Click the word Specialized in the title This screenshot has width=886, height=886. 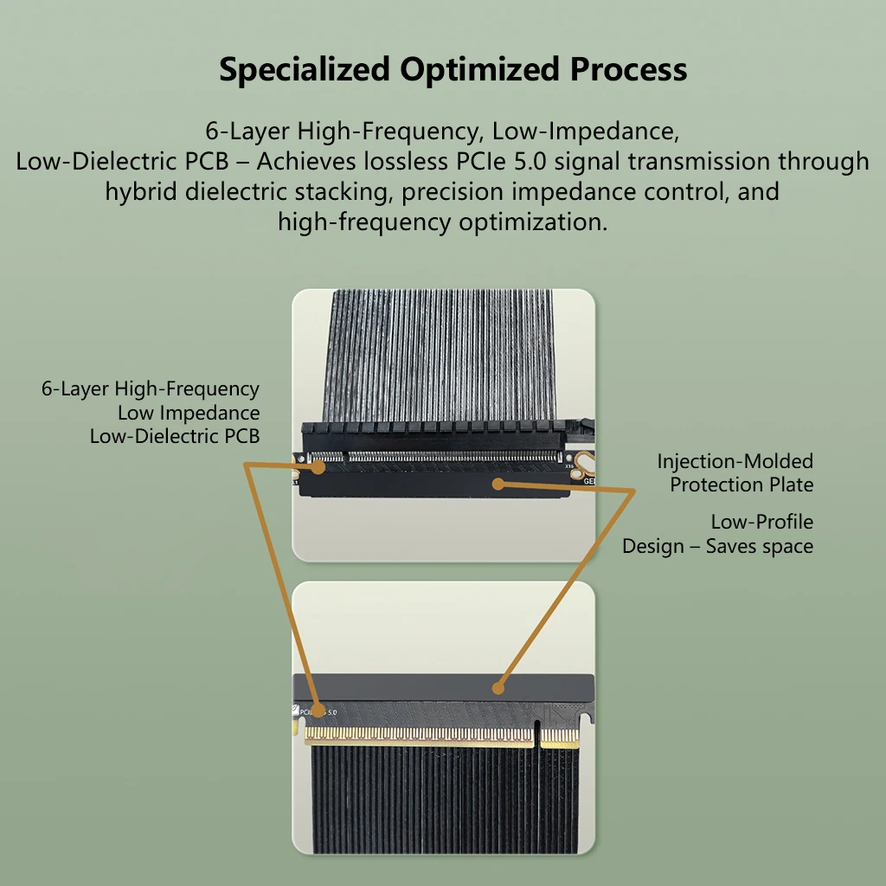[x=305, y=69]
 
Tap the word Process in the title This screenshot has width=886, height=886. [x=628, y=69]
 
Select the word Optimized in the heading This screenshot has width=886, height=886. [x=479, y=69]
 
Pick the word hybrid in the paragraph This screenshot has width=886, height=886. [x=141, y=191]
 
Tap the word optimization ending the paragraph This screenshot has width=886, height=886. [x=533, y=222]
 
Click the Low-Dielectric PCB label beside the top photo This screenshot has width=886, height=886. [x=175, y=436]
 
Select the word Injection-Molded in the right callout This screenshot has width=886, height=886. [x=735, y=462]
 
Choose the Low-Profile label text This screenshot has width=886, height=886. [x=761, y=522]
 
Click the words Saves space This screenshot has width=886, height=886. [x=760, y=547]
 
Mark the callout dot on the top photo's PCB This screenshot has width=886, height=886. [x=318, y=467]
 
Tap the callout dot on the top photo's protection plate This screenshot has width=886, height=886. [x=498, y=484]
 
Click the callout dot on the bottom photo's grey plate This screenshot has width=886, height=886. [x=498, y=688]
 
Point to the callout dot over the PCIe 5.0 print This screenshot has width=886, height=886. [x=318, y=711]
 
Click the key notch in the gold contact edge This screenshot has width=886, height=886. [x=536, y=735]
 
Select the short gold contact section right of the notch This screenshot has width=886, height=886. [x=560, y=737]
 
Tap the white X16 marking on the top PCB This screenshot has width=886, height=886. [x=569, y=466]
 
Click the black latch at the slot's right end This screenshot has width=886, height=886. [x=580, y=429]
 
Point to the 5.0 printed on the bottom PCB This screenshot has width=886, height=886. [x=332, y=713]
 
